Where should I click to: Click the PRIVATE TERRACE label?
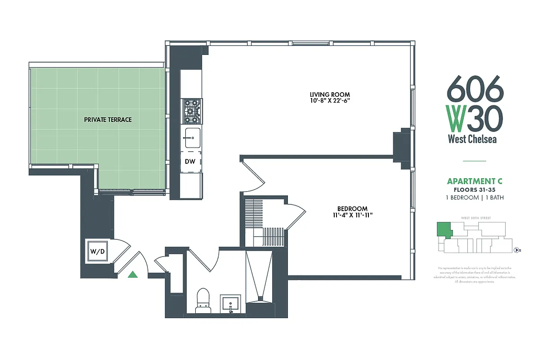click(108, 120)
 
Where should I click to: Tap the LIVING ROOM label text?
click(329, 94)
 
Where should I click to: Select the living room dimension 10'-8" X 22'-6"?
click(329, 101)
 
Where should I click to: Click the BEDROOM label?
click(352, 209)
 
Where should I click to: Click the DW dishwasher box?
click(190, 162)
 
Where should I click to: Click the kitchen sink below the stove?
click(192, 137)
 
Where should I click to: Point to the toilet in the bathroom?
click(203, 300)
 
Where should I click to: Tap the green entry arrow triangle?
click(133, 274)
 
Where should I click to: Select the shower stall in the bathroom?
click(260, 274)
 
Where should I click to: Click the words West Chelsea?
click(472, 139)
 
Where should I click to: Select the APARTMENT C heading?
click(475, 181)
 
